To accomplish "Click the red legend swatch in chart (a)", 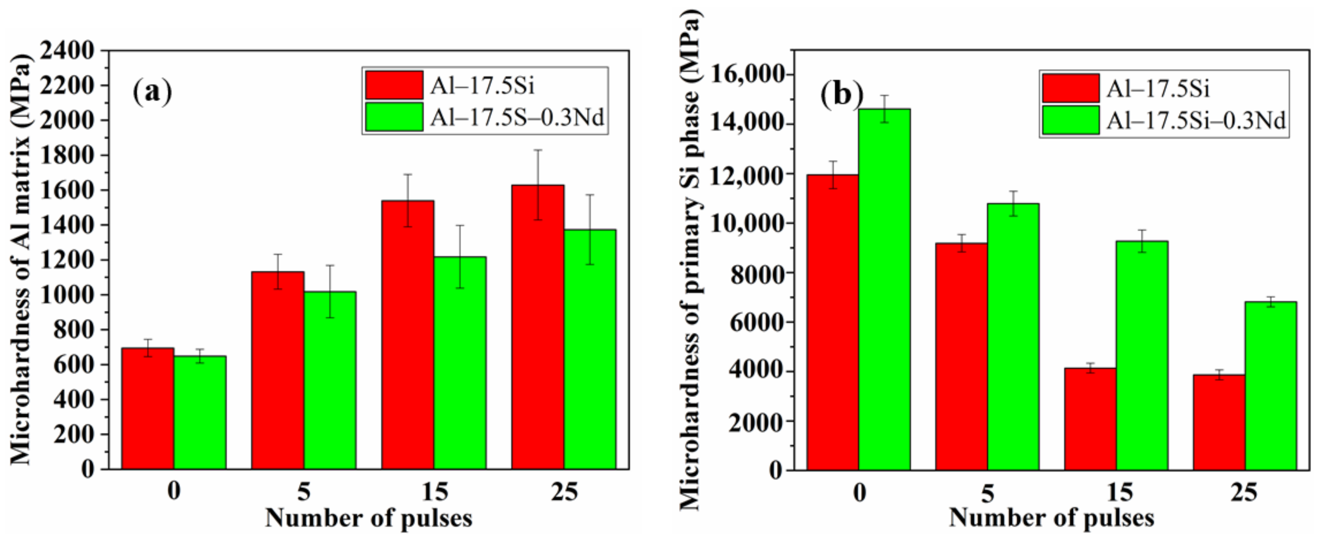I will coord(394,85).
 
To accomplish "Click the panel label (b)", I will coord(841,95).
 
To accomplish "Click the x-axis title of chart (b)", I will coord(1051,518).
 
